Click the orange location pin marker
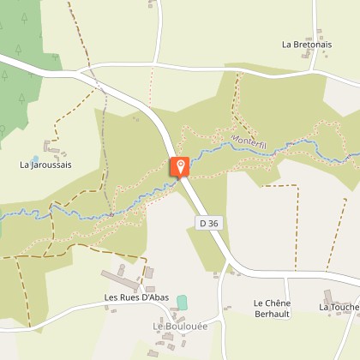click(181, 167)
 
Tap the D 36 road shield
click(207, 223)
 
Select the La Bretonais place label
click(306, 44)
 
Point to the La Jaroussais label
click(46, 164)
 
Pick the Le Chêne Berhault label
click(272, 309)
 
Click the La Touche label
click(339, 306)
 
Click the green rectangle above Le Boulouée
click(182, 303)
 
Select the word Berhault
click(272, 315)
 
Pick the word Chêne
click(279, 303)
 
